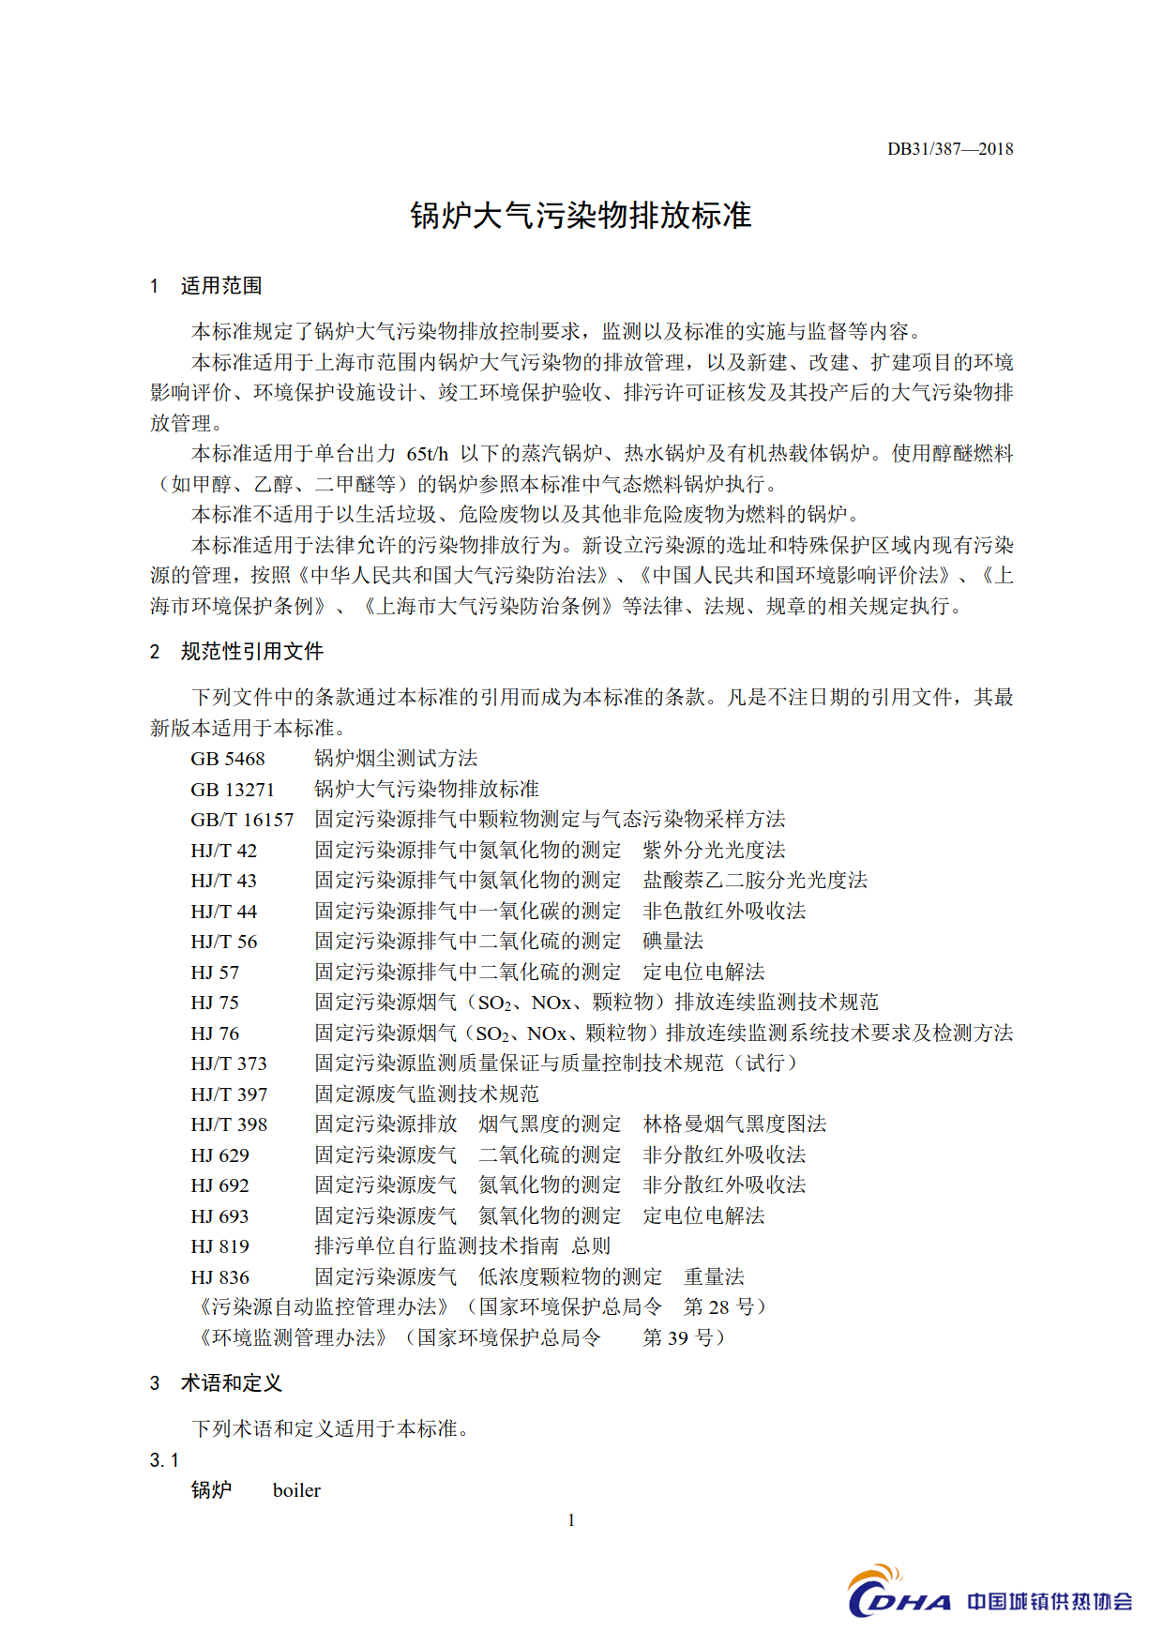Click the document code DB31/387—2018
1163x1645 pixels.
[949, 149]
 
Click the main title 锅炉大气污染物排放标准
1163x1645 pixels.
[581, 216]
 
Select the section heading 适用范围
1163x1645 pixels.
[220, 286]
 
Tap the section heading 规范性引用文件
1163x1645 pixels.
[251, 652]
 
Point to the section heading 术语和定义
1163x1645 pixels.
[231, 1383]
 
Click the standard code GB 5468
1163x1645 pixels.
[228, 759]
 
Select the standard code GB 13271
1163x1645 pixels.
[233, 790]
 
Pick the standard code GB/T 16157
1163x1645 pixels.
[242, 820]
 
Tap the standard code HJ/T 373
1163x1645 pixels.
[229, 1064]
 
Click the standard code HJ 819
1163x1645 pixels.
[220, 1246]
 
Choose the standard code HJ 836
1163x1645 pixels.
[220, 1277]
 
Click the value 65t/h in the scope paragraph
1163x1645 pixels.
[428, 454]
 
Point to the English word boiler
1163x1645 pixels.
[296, 1490]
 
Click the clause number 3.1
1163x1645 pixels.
[164, 1460]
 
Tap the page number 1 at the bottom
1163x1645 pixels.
[571, 1520]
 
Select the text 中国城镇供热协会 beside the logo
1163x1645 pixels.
[1050, 1601]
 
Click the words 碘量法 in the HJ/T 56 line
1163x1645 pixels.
[672, 942]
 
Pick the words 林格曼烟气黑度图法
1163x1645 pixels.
[734, 1124]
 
